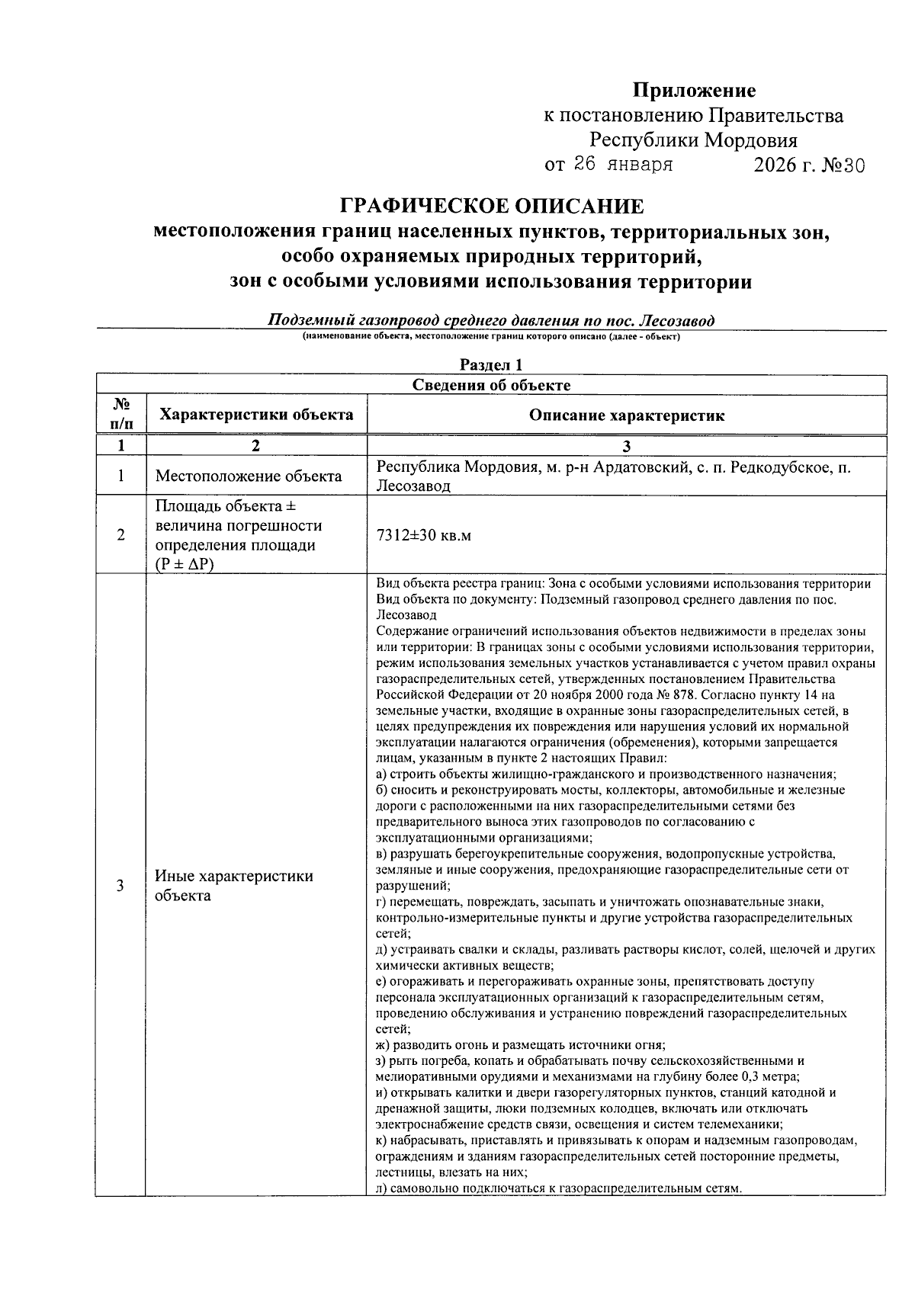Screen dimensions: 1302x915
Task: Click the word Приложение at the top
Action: point(694,91)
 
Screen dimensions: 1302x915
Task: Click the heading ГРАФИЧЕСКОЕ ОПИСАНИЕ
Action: point(491,207)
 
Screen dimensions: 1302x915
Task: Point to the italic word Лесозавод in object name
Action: point(679,320)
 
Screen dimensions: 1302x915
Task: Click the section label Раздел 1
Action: point(491,365)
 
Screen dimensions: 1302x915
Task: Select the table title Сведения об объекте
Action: point(491,385)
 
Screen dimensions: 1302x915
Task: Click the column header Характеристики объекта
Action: point(255,415)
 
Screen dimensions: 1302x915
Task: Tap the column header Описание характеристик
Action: point(626,415)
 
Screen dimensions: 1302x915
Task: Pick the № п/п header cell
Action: point(120,415)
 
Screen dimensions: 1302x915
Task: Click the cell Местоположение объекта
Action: point(249,476)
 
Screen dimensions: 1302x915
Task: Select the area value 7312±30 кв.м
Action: point(424,536)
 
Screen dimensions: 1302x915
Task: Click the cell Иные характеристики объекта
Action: point(233,886)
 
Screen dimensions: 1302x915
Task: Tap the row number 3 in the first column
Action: point(120,886)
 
